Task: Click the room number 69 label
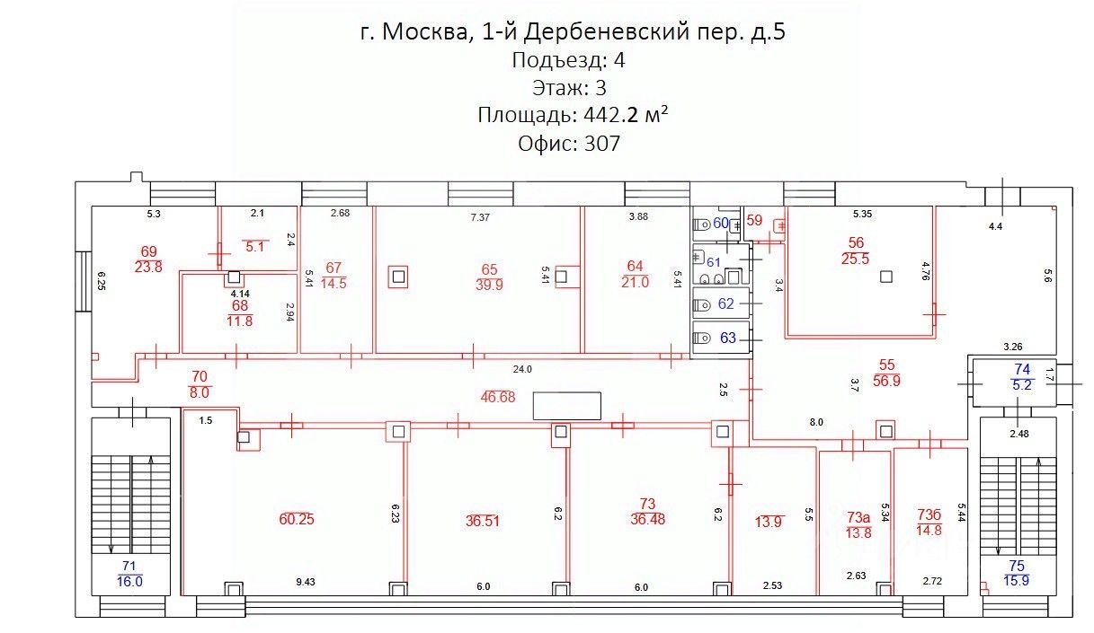point(148,251)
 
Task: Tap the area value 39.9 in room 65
point(489,285)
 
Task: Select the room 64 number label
point(636,266)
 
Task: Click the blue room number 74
point(1022,369)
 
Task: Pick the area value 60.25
point(297,519)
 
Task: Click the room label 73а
point(858,517)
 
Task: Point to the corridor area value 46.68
point(496,397)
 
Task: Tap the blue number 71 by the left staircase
point(129,566)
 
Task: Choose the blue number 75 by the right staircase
point(1016,566)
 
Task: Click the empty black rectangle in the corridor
point(566,406)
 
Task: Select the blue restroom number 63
point(727,338)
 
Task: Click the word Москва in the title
point(422,32)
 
